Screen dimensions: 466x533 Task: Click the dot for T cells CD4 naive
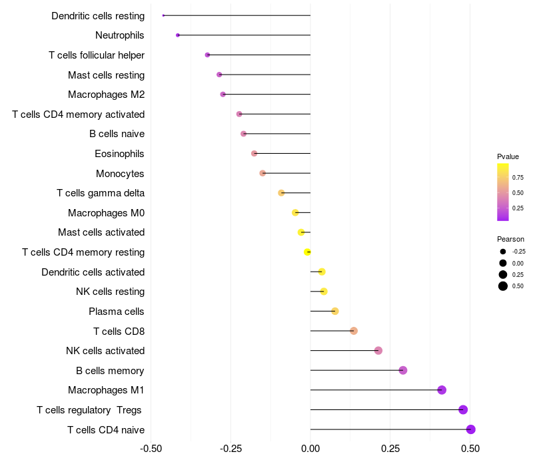(x=470, y=429)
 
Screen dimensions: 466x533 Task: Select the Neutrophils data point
(x=178, y=35)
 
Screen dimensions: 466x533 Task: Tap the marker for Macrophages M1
(x=442, y=390)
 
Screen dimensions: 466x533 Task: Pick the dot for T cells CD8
(x=354, y=331)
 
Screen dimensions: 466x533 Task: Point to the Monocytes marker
(x=263, y=173)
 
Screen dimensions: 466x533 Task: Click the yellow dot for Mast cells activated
(x=301, y=232)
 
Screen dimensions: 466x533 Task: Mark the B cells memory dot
(x=403, y=370)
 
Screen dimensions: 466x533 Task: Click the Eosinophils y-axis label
(x=119, y=154)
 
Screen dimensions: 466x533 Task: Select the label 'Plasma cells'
(x=117, y=312)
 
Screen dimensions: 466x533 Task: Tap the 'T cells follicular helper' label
(x=97, y=55)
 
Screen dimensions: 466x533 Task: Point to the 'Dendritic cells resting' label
(x=98, y=15)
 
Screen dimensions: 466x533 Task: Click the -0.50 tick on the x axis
(x=151, y=449)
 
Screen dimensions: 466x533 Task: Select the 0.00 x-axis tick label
(x=310, y=449)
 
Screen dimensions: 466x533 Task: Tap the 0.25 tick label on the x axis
(x=390, y=449)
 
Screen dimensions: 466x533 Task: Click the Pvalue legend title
(x=508, y=156)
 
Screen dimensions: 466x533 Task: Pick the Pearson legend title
(x=510, y=239)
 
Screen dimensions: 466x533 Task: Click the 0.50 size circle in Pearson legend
(x=503, y=286)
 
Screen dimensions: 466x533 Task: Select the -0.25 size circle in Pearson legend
(x=503, y=252)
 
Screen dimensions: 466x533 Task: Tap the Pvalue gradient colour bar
(x=503, y=192)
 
